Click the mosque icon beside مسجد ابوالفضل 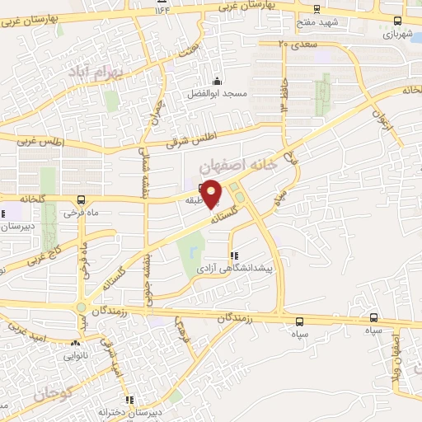pyautogui.click(x=217, y=81)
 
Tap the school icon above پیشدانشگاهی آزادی pyautogui.click(x=233, y=256)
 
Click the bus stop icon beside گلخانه pyautogui.click(x=81, y=199)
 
